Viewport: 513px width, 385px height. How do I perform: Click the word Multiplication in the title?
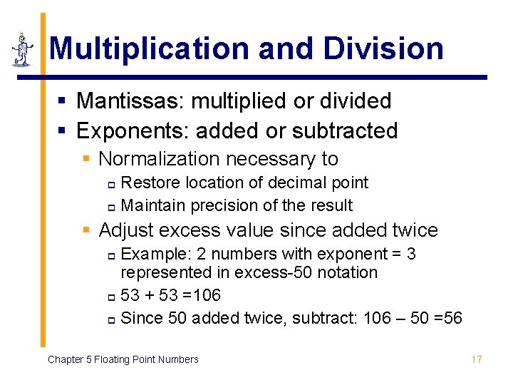click(x=150, y=48)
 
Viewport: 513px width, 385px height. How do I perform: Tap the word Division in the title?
click(x=383, y=48)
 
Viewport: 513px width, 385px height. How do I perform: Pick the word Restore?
click(x=152, y=183)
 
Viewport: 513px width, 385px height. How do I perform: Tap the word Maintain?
click(x=154, y=205)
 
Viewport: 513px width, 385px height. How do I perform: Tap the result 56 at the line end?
click(x=452, y=318)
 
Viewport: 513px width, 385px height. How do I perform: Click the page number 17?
click(x=477, y=359)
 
